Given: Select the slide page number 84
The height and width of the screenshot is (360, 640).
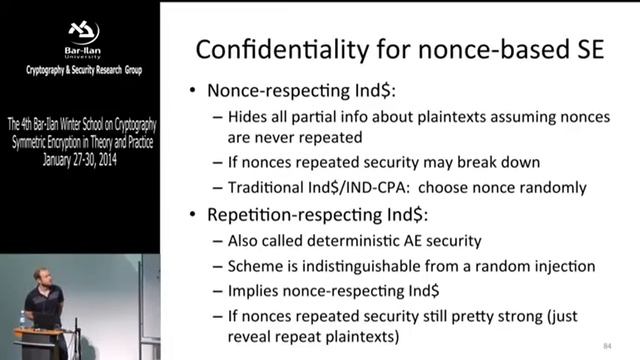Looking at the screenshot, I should tap(607, 346).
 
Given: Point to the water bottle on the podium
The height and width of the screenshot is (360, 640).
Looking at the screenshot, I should tap(22, 318).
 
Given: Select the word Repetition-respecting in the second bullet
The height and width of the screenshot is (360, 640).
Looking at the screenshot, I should tap(285, 215).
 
